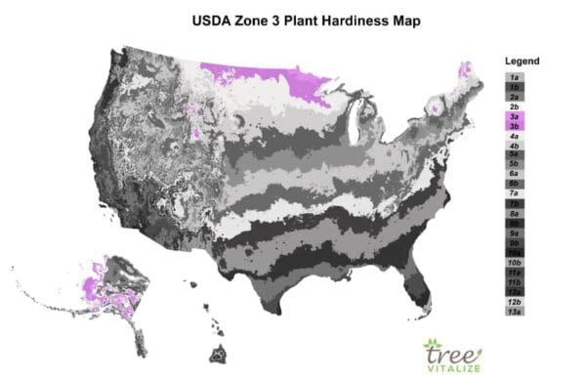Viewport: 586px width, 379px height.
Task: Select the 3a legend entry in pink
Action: tap(513, 116)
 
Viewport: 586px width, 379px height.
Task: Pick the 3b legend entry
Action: tap(513, 126)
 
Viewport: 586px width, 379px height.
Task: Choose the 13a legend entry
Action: tap(513, 312)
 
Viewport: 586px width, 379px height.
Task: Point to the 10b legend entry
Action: tap(513, 263)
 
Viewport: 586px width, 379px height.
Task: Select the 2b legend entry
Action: tap(513, 106)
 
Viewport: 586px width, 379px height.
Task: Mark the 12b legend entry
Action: tap(513, 302)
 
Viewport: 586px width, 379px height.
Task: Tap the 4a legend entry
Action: tap(513, 136)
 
